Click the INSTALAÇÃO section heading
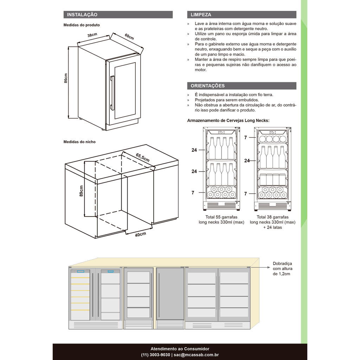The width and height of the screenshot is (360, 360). (x=82, y=15)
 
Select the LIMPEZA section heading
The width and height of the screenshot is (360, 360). (x=201, y=15)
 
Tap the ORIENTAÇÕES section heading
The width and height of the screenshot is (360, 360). (x=207, y=86)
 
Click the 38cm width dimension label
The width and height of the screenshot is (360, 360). (x=92, y=35)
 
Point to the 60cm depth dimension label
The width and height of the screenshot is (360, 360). (x=129, y=37)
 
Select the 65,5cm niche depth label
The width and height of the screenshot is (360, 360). (x=142, y=157)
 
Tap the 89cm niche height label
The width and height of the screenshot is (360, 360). (x=81, y=191)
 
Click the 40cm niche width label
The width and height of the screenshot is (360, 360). (x=140, y=235)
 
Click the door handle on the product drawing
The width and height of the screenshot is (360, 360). (x=112, y=93)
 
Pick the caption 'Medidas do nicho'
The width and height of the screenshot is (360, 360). (x=79, y=142)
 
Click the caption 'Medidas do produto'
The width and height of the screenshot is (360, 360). (x=82, y=25)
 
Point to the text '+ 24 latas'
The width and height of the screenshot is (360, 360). (x=272, y=227)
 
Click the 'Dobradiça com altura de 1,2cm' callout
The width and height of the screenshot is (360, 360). (x=282, y=269)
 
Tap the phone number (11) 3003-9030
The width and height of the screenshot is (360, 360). (x=155, y=355)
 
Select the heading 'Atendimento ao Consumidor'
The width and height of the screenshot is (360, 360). (x=180, y=349)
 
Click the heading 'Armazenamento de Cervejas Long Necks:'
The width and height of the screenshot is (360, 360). (x=228, y=121)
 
